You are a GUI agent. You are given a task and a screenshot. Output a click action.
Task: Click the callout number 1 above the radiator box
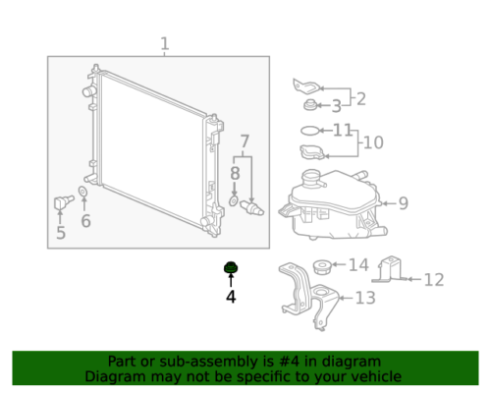click(x=165, y=43)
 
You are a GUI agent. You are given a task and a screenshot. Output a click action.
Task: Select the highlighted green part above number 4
click(x=231, y=267)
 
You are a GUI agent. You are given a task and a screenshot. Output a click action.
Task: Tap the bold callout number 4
click(x=231, y=297)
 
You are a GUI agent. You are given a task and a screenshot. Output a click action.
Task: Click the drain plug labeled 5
click(x=63, y=202)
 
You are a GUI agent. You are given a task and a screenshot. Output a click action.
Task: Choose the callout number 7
click(x=245, y=141)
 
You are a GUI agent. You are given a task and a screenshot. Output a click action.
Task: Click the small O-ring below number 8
click(x=234, y=200)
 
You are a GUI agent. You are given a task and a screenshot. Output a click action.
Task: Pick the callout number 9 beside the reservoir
click(x=404, y=203)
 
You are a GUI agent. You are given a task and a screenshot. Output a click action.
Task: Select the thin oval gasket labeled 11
click(x=309, y=131)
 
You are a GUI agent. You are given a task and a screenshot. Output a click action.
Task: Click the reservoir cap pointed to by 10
click(x=312, y=152)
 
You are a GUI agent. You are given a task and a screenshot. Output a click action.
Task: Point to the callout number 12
click(x=434, y=280)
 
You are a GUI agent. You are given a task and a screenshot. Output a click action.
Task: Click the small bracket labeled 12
click(x=390, y=269)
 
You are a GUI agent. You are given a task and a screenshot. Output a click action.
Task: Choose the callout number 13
click(x=365, y=298)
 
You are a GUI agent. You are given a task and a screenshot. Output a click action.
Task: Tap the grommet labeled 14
click(x=322, y=266)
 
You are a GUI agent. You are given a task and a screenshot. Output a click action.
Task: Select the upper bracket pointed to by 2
click(x=306, y=85)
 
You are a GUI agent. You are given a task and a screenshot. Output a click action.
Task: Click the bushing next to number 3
click(x=309, y=105)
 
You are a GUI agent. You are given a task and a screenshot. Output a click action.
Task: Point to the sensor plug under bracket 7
click(x=251, y=207)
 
